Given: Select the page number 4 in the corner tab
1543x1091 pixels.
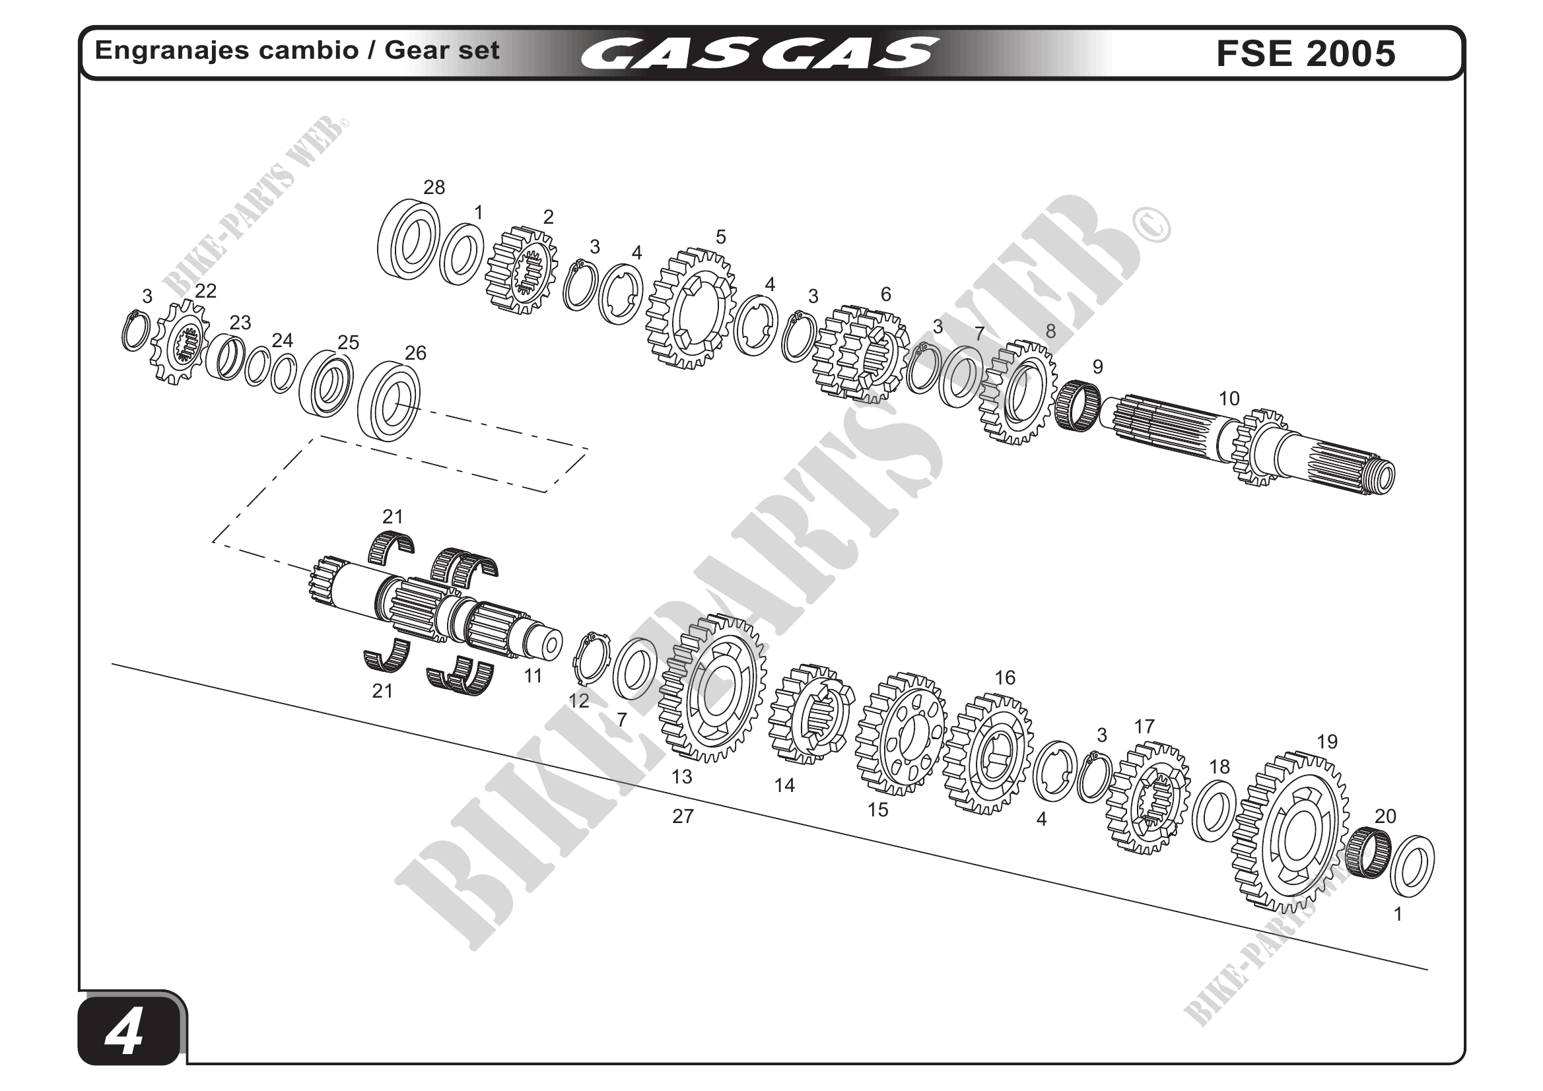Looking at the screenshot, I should pos(125,1032).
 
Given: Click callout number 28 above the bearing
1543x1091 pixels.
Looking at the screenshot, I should pos(434,187).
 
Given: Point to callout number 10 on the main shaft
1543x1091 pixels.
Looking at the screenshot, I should pos(1229,399).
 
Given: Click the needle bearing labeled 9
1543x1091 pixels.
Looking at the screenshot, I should pos(1078,405).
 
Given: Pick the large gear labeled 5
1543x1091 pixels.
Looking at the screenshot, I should pos(691,309).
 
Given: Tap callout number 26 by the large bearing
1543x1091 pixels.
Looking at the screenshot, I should pos(415,352).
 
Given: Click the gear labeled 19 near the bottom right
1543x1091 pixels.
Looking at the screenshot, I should pos(1290,833).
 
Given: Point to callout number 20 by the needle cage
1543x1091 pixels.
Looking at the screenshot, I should pos(1385,816).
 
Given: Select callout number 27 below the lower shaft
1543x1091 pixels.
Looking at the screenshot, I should pos(683,816).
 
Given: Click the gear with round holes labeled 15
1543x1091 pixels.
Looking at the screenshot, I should pos(901,735).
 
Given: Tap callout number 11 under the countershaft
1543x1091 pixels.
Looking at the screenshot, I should pos(533,677).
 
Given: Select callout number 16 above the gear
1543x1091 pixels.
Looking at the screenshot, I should pos(1005,678).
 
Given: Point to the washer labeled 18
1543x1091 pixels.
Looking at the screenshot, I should pos(1214,811).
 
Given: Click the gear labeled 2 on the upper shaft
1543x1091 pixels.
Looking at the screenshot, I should pos(522,270).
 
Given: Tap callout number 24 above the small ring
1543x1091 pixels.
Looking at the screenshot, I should pos(283,340).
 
